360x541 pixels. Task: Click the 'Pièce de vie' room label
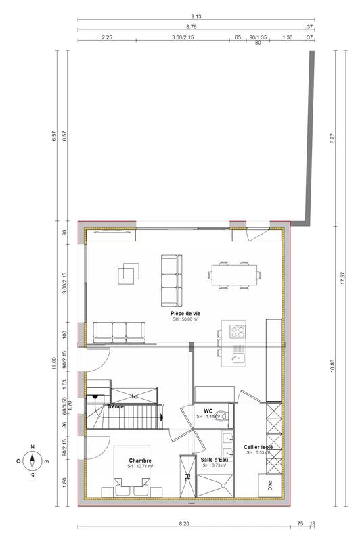(x=185, y=314)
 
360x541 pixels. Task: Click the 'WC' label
(x=208, y=410)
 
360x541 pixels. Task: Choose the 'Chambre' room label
(x=140, y=461)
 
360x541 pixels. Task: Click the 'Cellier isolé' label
(x=258, y=447)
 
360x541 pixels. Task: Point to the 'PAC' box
(x=269, y=486)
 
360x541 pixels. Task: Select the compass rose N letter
(x=32, y=447)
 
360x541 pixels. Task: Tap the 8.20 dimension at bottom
(x=183, y=523)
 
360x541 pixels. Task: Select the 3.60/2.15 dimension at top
(x=183, y=39)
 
